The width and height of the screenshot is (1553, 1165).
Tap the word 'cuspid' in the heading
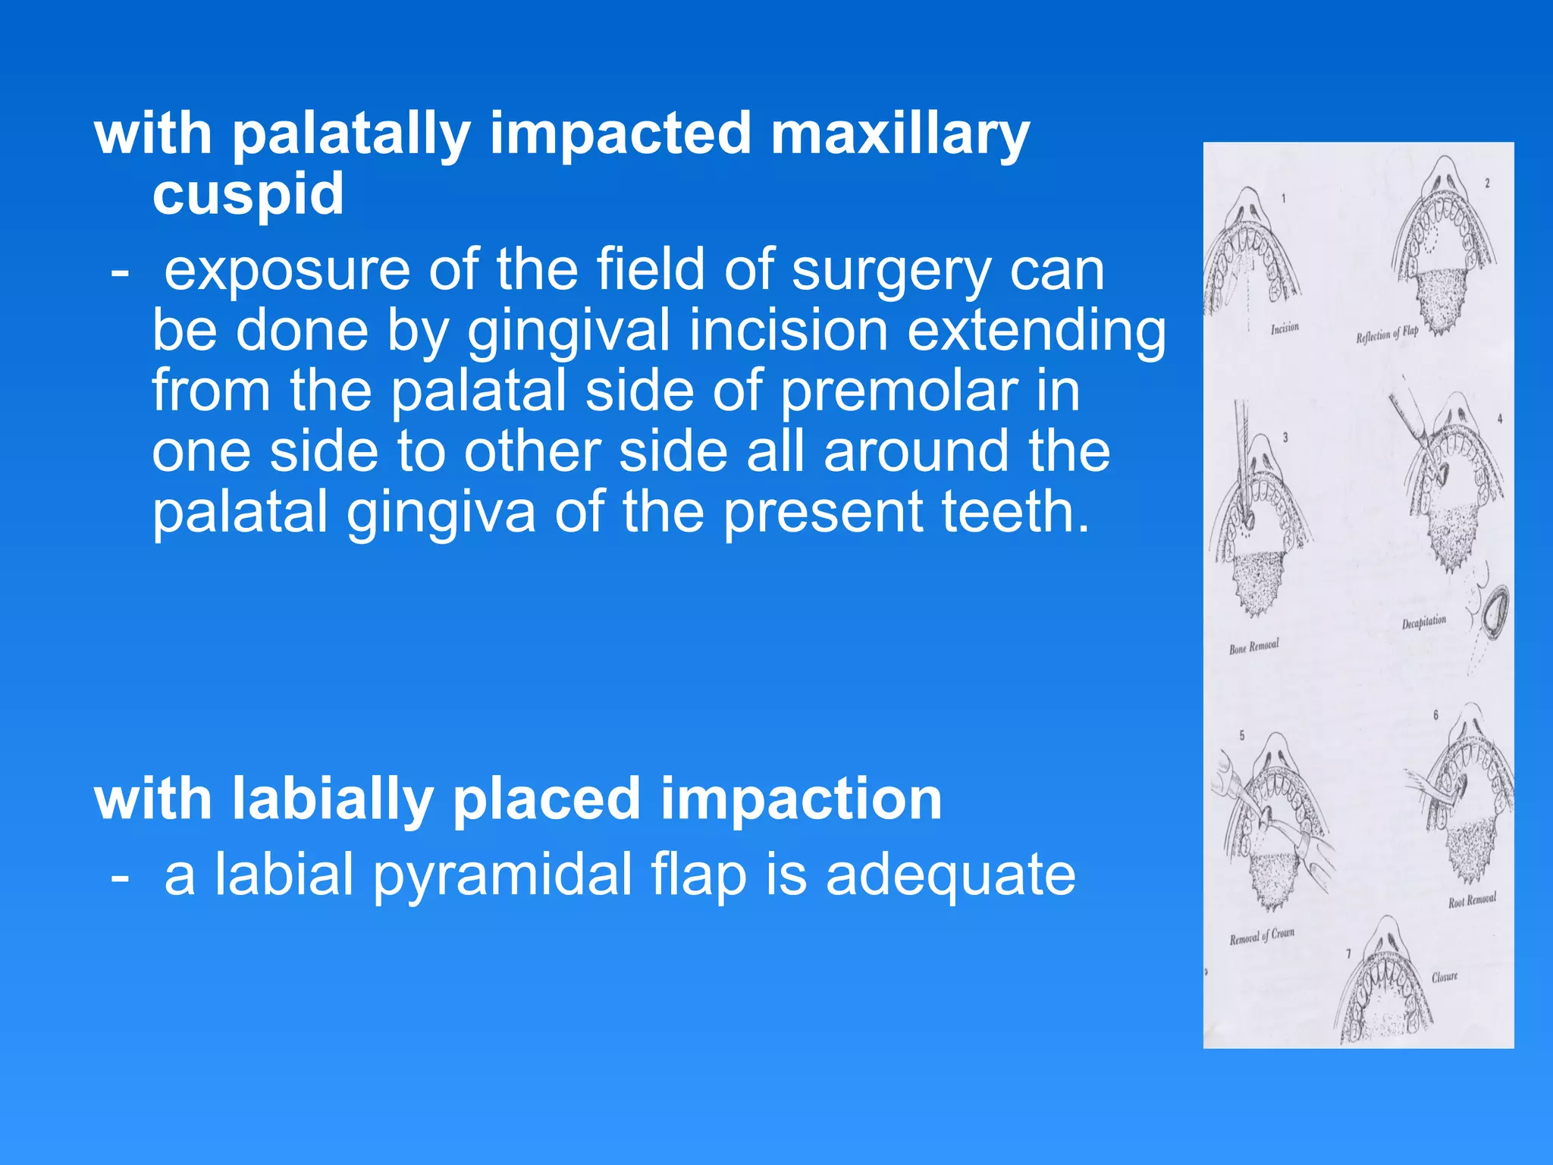tap(248, 193)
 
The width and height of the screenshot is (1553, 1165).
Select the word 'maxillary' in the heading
tap(899, 134)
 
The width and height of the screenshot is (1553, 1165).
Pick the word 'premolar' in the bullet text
tap(899, 392)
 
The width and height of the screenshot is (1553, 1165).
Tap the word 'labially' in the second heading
tap(332, 799)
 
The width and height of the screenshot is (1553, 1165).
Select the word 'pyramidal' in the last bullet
tap(502, 875)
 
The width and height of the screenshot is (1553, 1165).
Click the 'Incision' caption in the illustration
tap(1285, 328)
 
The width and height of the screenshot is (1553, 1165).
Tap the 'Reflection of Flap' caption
tap(1387, 334)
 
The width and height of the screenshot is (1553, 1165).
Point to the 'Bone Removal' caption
tap(1253, 647)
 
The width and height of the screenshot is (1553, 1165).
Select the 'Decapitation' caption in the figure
tap(1423, 623)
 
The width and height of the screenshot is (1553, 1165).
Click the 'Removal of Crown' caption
tap(1262, 936)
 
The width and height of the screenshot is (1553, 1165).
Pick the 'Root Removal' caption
tap(1472, 900)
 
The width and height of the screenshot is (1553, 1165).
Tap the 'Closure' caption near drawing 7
tap(1444, 977)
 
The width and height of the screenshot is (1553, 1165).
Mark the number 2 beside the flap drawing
tap(1487, 183)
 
